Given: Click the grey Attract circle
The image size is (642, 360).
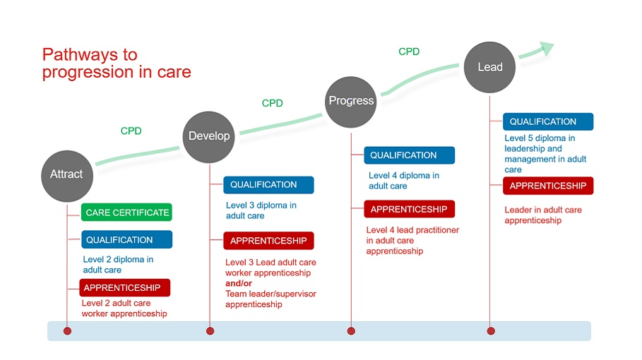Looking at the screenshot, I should (x=66, y=174).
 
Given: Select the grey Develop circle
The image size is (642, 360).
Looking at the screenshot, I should (x=209, y=136).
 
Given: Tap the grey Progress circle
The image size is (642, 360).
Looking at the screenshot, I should (x=351, y=101).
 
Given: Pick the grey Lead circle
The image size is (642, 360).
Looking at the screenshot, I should (x=489, y=67).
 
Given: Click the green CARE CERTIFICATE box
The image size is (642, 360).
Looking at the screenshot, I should (x=126, y=212).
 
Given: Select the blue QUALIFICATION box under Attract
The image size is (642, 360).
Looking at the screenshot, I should (x=126, y=240).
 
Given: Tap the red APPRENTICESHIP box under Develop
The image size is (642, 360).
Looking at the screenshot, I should (x=268, y=241).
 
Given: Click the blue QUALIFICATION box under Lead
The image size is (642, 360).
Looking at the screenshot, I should (x=548, y=121).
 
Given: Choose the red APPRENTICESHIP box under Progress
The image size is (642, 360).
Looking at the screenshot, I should (x=410, y=209).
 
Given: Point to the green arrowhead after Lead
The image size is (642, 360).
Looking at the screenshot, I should (x=545, y=49).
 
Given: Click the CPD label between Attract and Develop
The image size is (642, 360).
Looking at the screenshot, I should (x=131, y=131).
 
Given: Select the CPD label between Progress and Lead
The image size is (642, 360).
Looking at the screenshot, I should (x=409, y=52).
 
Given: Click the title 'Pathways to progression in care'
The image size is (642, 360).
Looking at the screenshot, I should (x=117, y=64).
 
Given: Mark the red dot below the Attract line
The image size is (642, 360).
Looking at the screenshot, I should (x=67, y=330).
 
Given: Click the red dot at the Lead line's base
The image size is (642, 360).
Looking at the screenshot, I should (x=491, y=330).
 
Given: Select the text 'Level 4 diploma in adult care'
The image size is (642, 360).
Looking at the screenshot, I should (x=403, y=181).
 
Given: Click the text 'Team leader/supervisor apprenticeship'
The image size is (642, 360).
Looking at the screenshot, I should (x=271, y=299).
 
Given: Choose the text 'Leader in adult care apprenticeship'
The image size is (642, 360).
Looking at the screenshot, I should (x=542, y=215).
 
